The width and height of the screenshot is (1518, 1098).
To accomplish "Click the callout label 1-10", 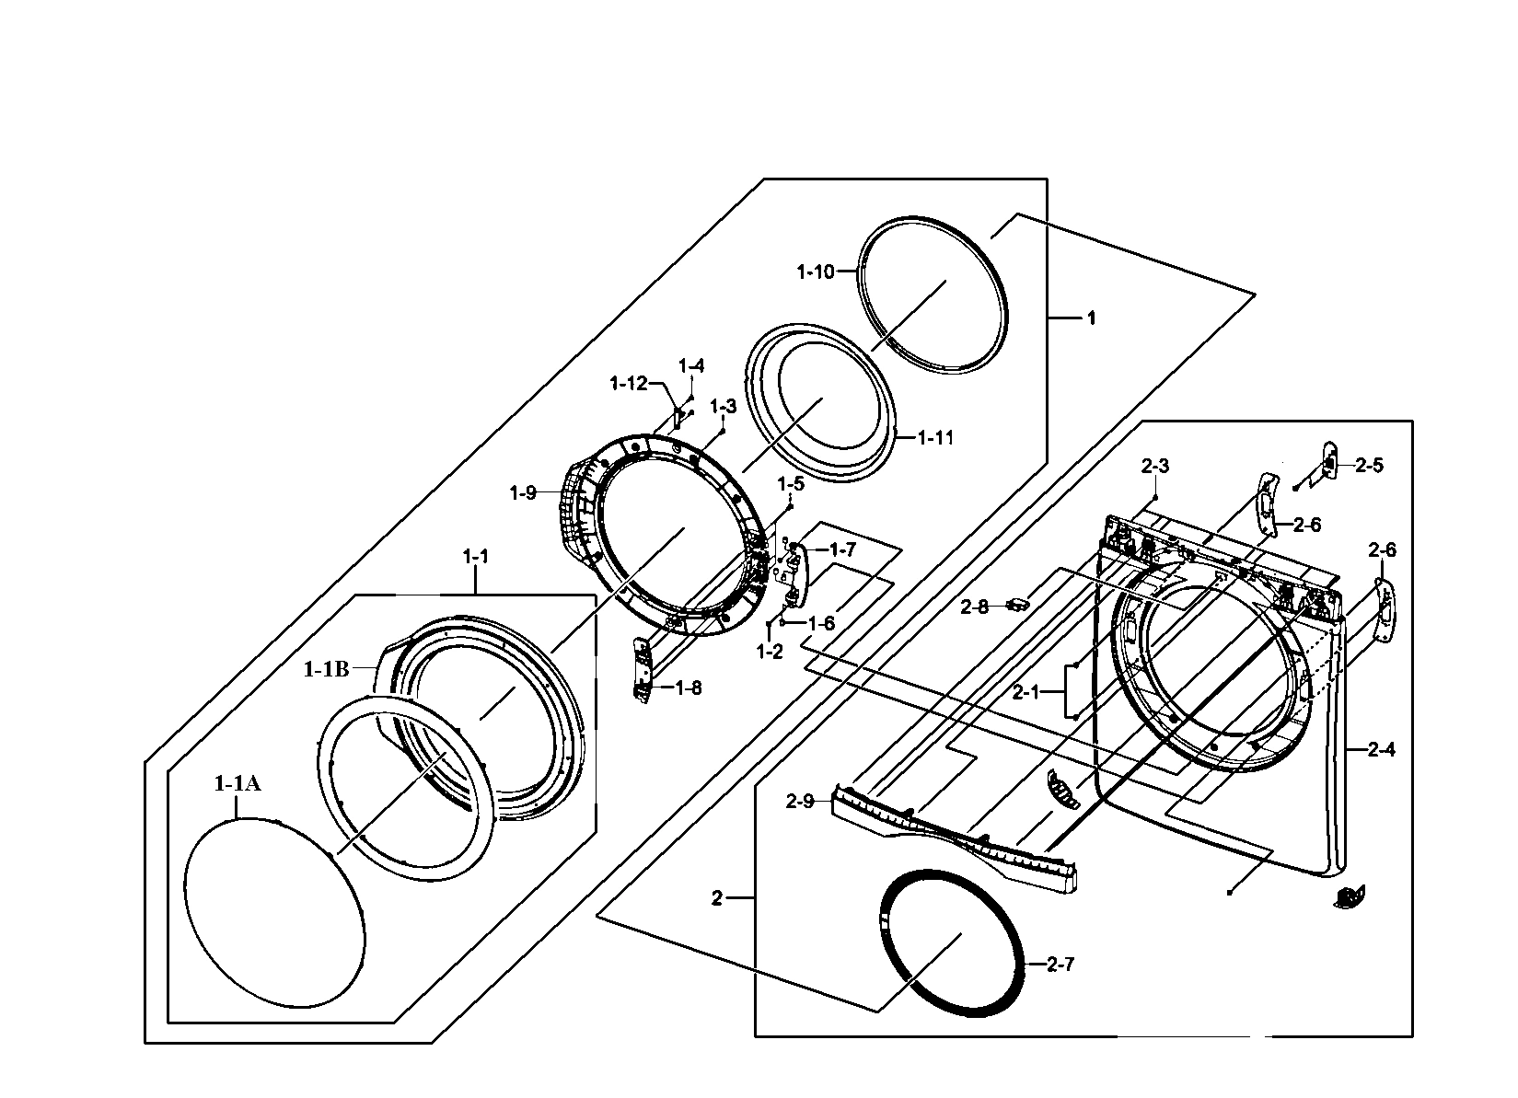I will coord(815,272).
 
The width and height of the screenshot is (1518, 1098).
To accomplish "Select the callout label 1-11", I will coord(935,438).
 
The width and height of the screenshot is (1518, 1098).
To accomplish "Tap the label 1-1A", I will coord(238,783).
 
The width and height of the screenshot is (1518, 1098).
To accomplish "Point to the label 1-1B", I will coord(326,669).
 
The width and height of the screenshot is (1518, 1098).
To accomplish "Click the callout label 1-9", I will coord(523,493).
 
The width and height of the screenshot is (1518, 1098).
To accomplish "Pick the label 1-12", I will coord(629,383).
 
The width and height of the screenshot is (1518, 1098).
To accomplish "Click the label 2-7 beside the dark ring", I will coord(1060,965).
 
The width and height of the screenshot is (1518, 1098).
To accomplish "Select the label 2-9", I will coord(800,802).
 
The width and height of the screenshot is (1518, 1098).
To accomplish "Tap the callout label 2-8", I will coord(974,607).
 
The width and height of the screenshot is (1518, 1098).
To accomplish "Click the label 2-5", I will coord(1369,466).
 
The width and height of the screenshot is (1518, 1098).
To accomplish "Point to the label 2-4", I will coord(1381,750).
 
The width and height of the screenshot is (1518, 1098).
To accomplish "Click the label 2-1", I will coord(1026,692).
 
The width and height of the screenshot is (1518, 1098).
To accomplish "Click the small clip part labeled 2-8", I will coord(1017,604).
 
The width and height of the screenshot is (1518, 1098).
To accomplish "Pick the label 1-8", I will coord(688,688).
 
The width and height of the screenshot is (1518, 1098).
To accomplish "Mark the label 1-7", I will coord(842,550).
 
